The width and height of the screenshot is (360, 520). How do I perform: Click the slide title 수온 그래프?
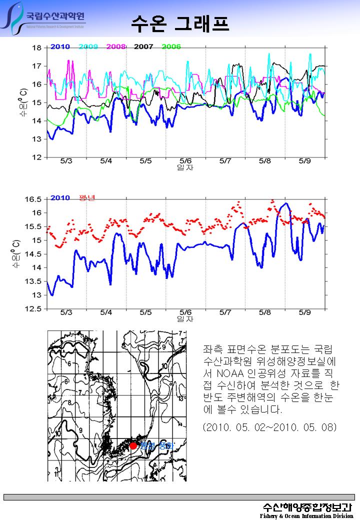[x=180, y=22]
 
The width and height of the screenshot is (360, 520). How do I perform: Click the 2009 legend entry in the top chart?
[x=88, y=47]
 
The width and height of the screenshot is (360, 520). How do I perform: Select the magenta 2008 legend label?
[x=115, y=47]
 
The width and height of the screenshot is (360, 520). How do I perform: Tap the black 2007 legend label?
[x=143, y=47]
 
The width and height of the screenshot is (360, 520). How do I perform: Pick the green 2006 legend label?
[x=171, y=47]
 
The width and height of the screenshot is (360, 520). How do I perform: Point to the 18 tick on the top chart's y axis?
[x=36, y=48]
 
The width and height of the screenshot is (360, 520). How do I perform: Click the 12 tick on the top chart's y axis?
[x=36, y=157]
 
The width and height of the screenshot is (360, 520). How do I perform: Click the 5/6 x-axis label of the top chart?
[x=185, y=161]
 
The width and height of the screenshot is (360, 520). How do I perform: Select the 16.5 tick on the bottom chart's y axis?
[x=33, y=199]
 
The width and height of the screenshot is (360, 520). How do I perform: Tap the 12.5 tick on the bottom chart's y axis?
[x=33, y=309]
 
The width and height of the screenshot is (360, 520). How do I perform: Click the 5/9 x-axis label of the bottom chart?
[x=304, y=313]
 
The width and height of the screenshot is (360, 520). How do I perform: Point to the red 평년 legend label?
[x=87, y=197]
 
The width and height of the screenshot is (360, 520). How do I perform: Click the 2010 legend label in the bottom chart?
[x=60, y=197]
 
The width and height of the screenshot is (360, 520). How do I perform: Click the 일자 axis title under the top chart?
[x=185, y=167]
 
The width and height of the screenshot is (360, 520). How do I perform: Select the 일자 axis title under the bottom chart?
[x=185, y=318]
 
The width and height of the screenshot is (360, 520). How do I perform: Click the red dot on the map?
[x=133, y=445]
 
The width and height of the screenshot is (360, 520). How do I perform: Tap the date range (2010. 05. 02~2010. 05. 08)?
[x=270, y=428]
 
